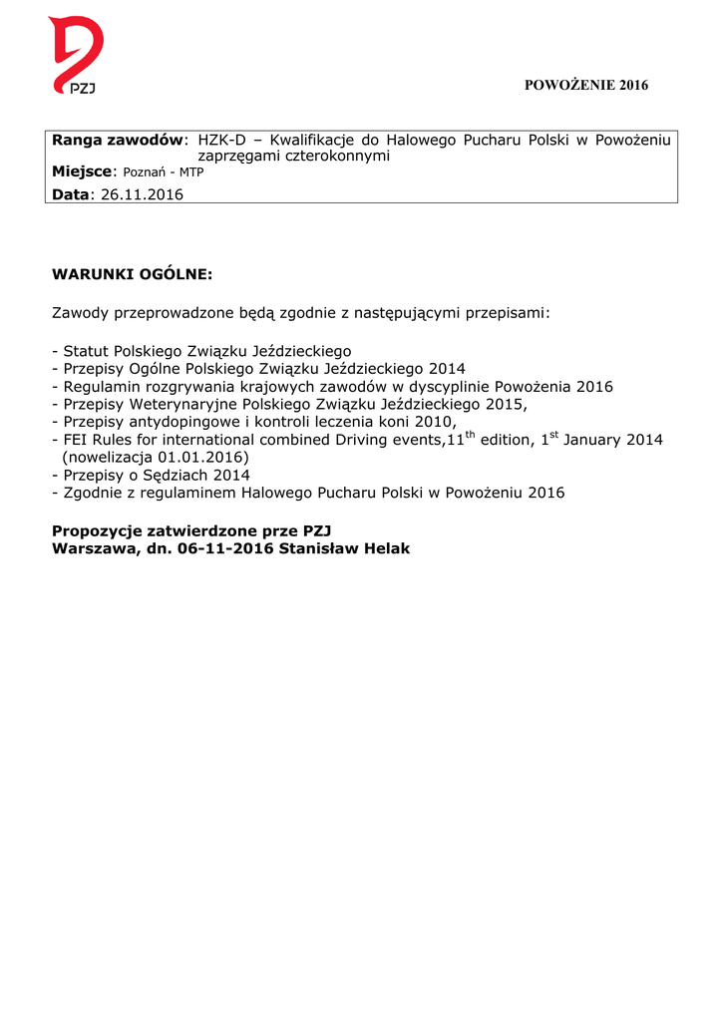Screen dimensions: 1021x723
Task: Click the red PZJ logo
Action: coord(76,56)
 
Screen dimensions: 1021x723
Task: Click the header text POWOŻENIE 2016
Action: coord(586,86)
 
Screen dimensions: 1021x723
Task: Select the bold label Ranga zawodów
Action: coord(119,140)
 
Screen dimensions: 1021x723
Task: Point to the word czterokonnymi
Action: coord(339,157)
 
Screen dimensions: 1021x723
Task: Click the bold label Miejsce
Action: coord(84,172)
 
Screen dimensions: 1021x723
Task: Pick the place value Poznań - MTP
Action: coord(163,173)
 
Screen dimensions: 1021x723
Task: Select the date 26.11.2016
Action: coord(143,193)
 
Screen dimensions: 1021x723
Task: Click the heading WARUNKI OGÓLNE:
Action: coord(132,273)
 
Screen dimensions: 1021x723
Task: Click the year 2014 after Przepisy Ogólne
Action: coord(447,369)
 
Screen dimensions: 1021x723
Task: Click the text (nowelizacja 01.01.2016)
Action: coord(156,458)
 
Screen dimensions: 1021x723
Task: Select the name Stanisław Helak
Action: coord(345,548)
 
